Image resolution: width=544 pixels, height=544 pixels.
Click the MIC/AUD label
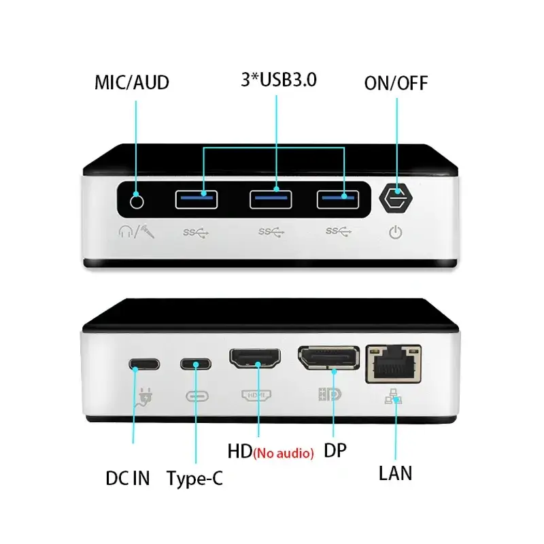click(131, 83)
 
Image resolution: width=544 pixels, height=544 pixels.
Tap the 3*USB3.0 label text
click(279, 80)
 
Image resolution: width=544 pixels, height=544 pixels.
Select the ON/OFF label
click(396, 84)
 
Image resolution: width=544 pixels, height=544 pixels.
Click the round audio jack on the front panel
click(137, 200)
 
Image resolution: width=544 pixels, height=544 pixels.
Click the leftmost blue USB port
click(197, 199)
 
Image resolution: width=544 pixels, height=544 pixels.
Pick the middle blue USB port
click(271, 199)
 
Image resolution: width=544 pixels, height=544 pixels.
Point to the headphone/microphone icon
click(136, 232)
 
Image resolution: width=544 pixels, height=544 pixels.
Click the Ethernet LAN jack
click(394, 361)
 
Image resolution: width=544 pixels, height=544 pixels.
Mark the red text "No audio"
click(284, 453)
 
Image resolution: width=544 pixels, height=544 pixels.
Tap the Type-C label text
click(195, 479)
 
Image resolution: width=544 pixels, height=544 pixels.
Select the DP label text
click(335, 451)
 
